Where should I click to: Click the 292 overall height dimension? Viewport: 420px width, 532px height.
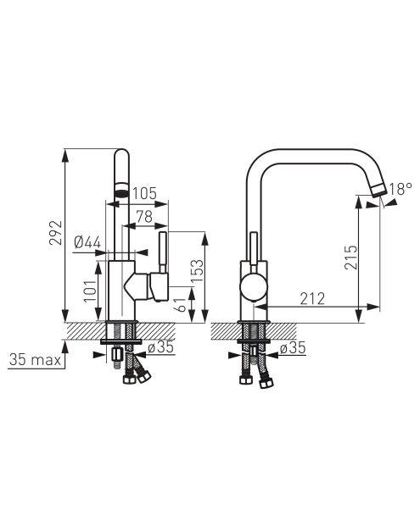56,233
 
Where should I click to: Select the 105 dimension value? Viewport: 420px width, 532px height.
144,194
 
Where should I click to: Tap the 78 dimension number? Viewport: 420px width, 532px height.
144,217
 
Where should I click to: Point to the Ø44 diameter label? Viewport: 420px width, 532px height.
87,242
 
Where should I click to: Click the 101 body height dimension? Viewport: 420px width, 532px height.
91,291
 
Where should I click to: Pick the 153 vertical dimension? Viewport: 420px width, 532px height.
197,270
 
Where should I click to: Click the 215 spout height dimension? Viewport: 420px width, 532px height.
351,258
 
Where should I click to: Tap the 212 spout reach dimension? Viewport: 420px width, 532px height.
312,298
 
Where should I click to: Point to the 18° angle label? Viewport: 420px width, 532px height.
400,189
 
